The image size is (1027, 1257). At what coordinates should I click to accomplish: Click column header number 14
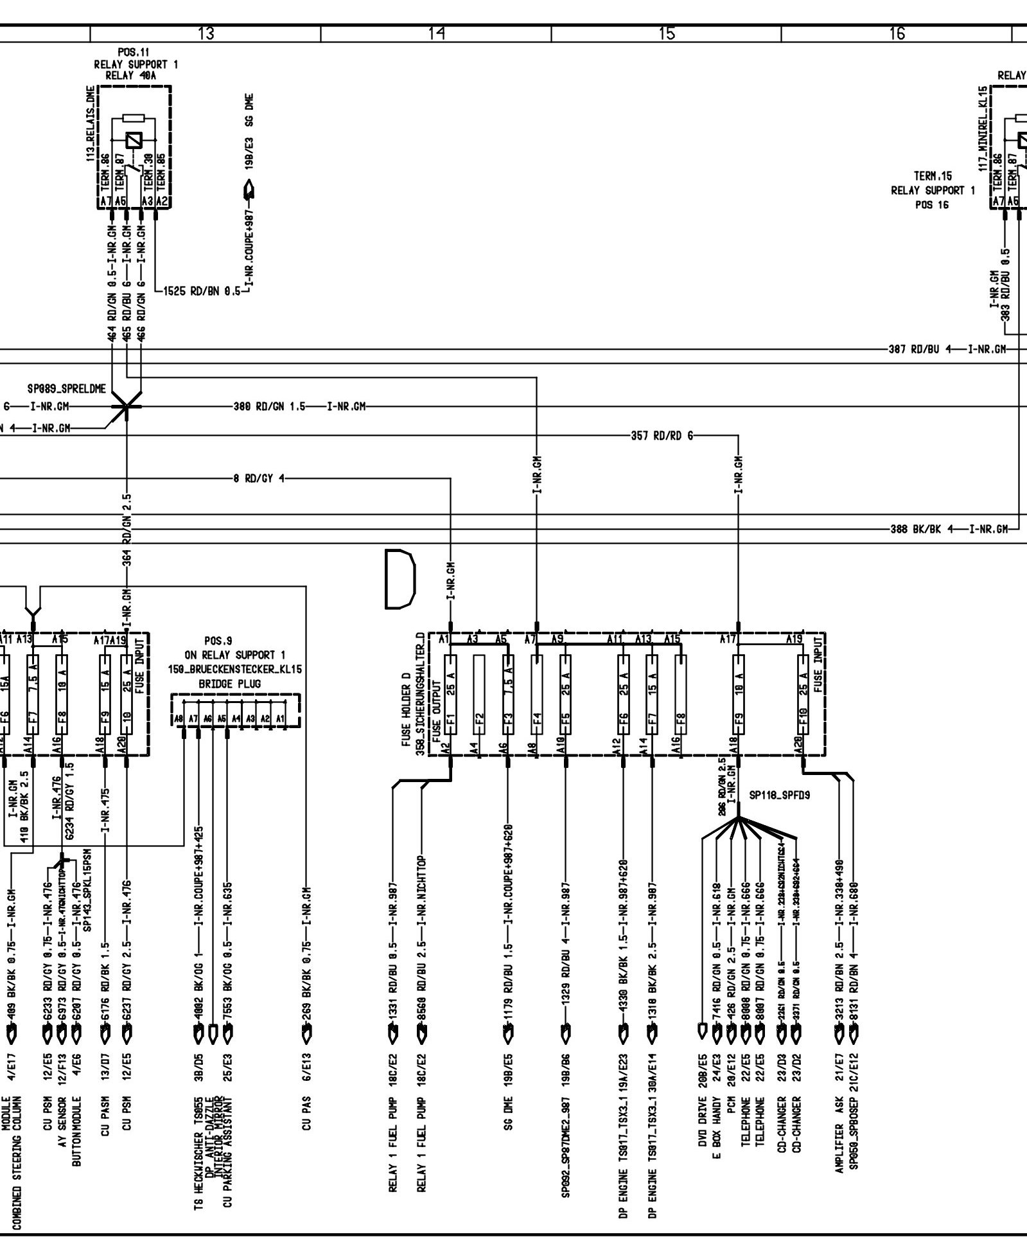point(436,33)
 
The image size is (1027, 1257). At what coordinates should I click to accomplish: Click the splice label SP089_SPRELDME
point(66,389)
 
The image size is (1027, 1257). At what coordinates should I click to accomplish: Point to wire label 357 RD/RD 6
point(662,436)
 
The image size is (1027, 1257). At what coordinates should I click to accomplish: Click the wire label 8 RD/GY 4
point(258,478)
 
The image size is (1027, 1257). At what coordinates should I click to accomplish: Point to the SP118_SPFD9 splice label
point(779,795)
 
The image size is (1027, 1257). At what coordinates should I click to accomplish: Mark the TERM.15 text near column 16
point(933,175)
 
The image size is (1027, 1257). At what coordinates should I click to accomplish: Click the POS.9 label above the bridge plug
point(218,641)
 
